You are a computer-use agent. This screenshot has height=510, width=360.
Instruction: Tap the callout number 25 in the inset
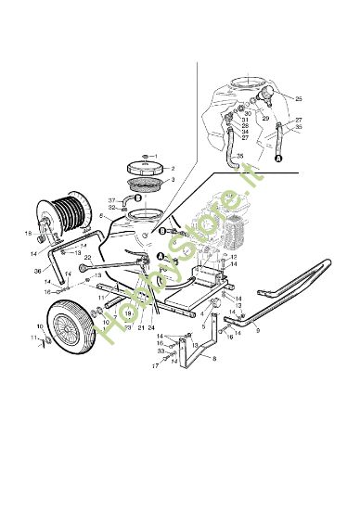coord(299,98)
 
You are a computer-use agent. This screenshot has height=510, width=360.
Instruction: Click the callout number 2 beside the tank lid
coord(173,169)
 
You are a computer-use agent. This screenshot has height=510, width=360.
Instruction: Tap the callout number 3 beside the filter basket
coord(173,181)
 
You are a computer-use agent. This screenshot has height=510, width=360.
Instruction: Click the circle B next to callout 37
coord(138,198)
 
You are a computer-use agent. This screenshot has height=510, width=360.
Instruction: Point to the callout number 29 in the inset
coord(264,120)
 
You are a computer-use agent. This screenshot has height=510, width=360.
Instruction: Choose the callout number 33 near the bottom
coord(161,351)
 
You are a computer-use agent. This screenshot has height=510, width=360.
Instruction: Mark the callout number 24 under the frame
coord(151,327)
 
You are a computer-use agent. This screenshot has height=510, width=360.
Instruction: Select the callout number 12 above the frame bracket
coord(234,257)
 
